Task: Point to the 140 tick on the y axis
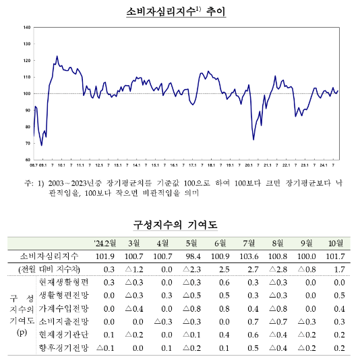click(x=26, y=28)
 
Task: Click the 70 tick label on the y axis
click(x=28, y=143)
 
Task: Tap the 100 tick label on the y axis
click(x=26, y=94)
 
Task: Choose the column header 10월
click(x=334, y=244)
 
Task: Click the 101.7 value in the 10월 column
click(x=333, y=256)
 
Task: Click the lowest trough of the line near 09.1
click(x=42, y=145)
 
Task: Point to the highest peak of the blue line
click(x=57, y=56)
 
